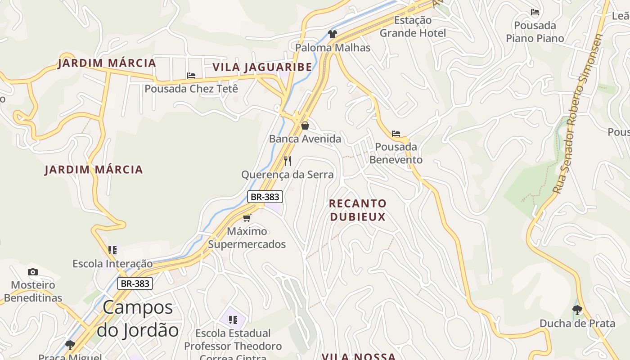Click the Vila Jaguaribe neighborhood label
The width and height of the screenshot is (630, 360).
tap(262, 67)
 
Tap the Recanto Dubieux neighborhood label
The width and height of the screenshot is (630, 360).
tap(358, 210)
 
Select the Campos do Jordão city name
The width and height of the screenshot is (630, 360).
tap(138, 319)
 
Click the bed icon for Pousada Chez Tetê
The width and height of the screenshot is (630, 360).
tap(191, 76)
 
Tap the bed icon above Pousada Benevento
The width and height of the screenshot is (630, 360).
tap(396, 134)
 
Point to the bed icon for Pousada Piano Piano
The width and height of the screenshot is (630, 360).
tap(535, 12)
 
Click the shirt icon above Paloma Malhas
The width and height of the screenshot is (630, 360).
tap(333, 34)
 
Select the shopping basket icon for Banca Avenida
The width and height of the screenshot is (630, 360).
tap(305, 126)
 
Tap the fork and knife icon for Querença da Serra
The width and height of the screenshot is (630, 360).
tap(288, 161)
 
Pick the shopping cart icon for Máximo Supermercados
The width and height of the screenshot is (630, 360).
tap(247, 218)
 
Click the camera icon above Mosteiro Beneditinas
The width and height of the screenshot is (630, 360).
tap(33, 272)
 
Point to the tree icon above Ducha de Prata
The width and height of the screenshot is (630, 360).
tap(577, 310)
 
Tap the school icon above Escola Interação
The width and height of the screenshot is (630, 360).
tap(112, 250)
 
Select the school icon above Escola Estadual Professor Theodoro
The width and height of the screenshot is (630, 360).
tap(233, 320)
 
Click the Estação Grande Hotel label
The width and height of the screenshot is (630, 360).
tap(413, 27)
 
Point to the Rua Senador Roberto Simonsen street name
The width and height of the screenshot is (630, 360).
tap(578, 114)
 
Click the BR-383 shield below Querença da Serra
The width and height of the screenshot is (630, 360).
tap(265, 197)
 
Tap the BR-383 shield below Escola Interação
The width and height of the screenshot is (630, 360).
tap(135, 283)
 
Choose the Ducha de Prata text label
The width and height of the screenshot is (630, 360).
tap(577, 324)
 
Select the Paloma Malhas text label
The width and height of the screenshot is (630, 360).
tap(333, 48)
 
